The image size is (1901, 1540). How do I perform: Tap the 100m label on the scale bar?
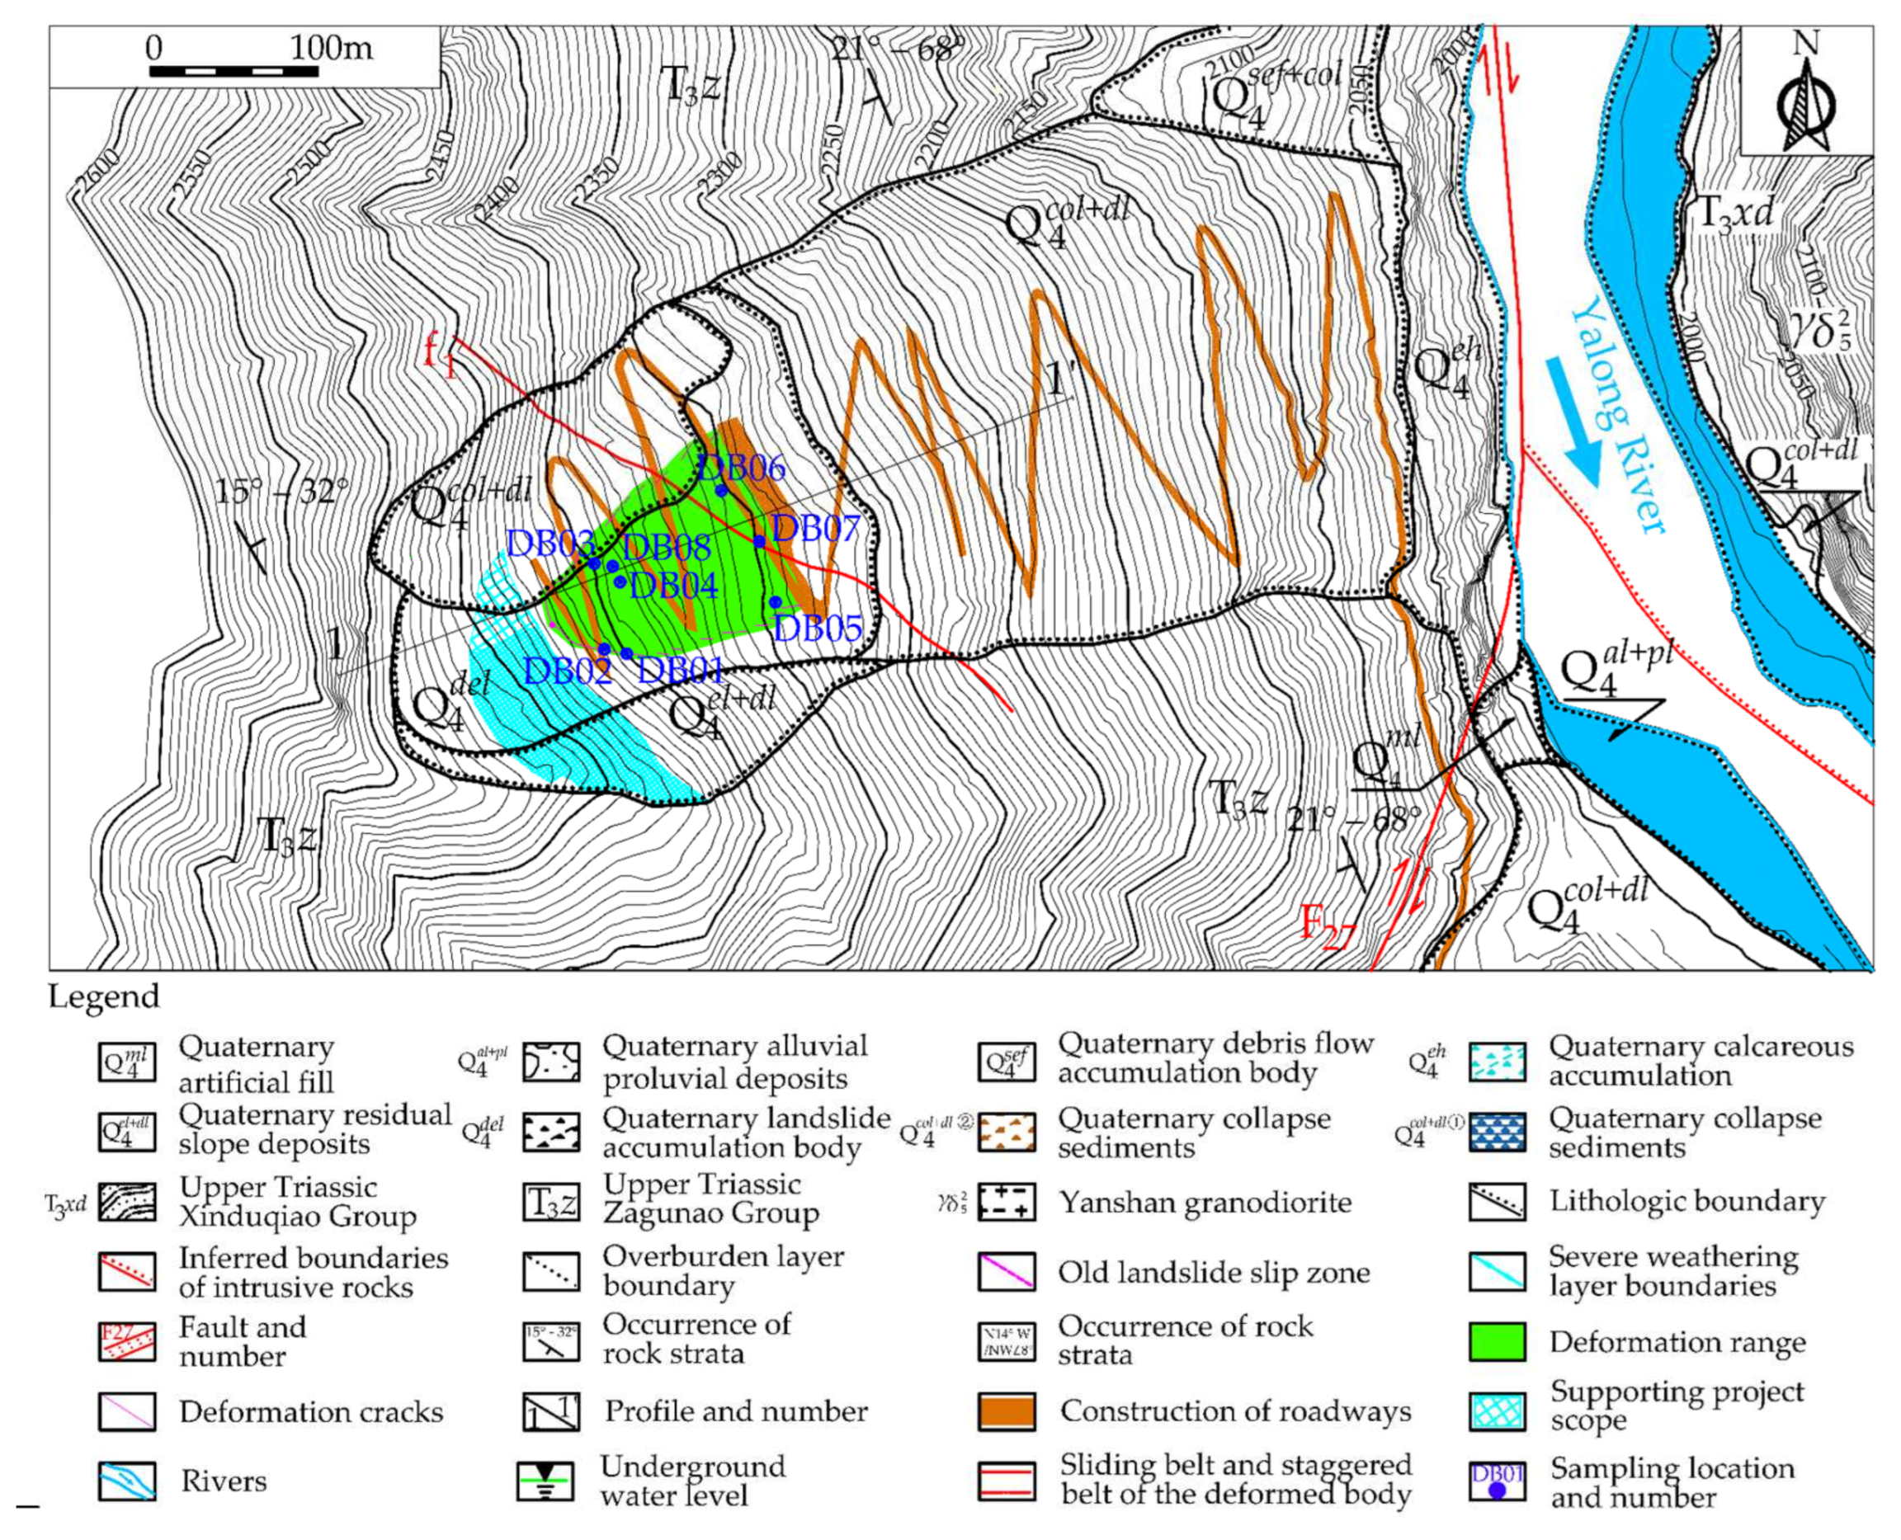pos(331,47)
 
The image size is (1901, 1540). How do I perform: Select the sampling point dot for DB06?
pos(721,490)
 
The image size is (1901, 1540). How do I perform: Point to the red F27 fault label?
pos(1328,926)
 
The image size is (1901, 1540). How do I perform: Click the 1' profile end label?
pos(1059,381)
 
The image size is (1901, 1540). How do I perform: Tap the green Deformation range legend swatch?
pos(1498,1341)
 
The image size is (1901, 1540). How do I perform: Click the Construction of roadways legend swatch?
pos(1007,1410)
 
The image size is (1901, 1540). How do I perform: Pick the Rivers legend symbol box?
pos(127,1481)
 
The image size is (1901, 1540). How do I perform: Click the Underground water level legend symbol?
pos(545,1481)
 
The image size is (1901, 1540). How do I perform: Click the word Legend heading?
pos(104,996)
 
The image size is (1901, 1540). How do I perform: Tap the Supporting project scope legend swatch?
pos(1498,1410)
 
